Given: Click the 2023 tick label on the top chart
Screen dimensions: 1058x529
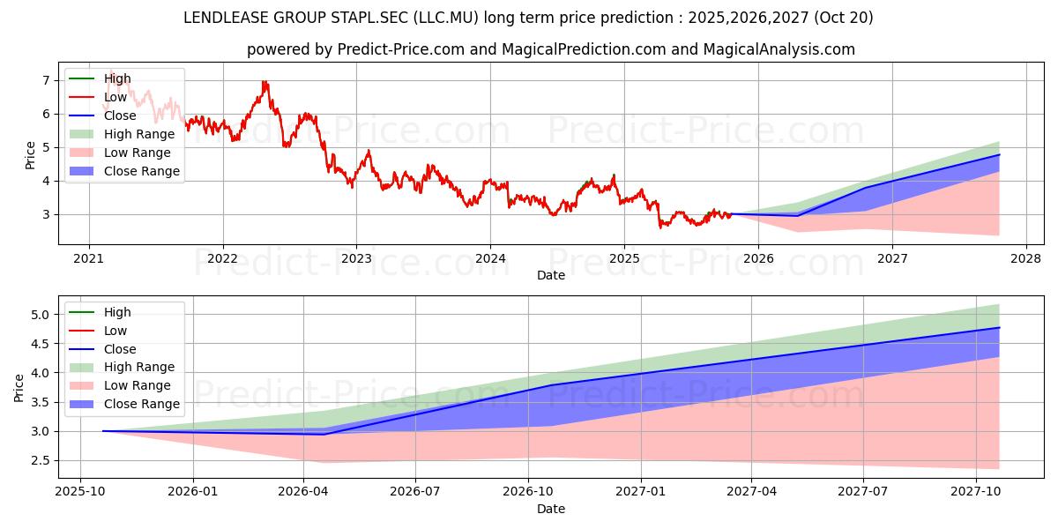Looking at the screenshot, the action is point(356,259).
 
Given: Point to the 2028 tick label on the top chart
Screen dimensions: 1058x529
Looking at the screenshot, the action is point(1026,259).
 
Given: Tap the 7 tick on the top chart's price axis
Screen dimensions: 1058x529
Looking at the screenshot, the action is point(46,80).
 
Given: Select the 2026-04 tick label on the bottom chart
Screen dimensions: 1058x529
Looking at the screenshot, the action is point(303,492).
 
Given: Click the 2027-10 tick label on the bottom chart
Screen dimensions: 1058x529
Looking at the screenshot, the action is point(976,492).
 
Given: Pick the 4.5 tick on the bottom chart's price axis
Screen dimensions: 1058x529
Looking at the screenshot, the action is point(41,344).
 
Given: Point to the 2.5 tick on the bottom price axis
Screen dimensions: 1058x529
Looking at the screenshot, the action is point(41,460).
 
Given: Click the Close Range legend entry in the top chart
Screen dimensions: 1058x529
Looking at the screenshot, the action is point(124,171).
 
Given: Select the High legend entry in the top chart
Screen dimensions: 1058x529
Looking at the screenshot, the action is point(101,78).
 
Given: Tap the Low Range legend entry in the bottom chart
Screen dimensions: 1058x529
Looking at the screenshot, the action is point(120,385).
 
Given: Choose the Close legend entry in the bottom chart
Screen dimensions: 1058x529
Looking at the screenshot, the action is point(102,349).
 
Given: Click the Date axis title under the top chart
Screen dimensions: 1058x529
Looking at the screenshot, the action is point(551,275).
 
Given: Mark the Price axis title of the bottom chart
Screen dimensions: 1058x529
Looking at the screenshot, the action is point(19,388).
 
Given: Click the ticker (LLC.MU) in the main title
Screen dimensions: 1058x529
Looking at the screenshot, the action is point(446,18).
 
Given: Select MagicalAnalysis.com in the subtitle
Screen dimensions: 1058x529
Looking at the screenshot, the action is point(779,49).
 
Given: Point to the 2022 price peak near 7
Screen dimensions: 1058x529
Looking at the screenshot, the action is point(265,82).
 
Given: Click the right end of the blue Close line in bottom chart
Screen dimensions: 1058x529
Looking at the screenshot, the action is point(1000,327).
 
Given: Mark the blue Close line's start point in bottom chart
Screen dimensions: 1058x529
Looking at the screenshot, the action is point(103,431).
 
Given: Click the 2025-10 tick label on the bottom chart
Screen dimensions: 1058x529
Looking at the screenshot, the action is point(80,492).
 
